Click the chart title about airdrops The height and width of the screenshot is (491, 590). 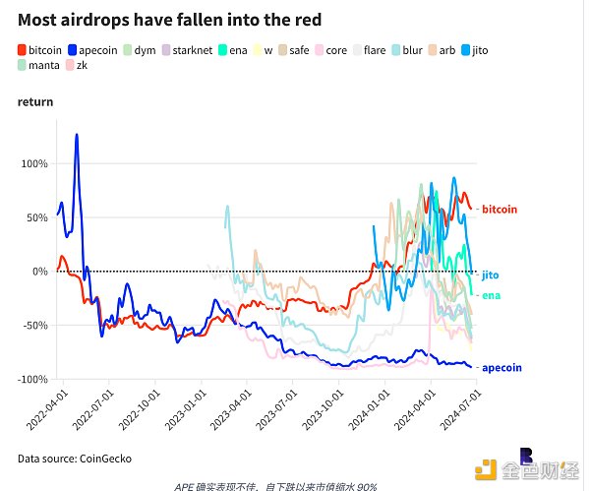[169, 20]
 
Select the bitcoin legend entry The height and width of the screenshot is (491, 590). [40, 48]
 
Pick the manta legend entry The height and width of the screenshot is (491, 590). [40, 66]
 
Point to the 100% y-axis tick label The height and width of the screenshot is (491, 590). [34, 163]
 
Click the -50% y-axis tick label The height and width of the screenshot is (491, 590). [34, 325]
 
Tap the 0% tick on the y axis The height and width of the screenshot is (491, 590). [39, 271]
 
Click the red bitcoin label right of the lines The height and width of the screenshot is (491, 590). [499, 210]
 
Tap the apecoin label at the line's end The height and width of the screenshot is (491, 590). [501, 368]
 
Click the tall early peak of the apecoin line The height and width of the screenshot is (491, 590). [76, 136]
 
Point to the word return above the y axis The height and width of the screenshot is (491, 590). [35, 101]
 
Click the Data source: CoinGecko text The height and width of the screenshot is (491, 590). [74, 459]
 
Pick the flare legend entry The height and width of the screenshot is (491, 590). [375, 48]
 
